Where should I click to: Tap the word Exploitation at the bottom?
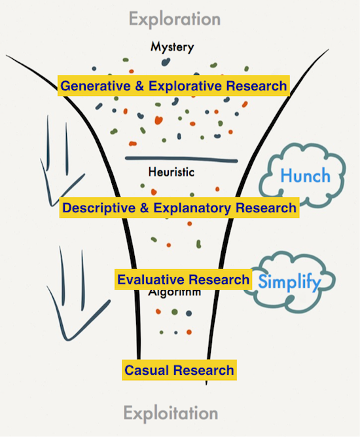point(170,413)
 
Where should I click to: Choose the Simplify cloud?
point(287,283)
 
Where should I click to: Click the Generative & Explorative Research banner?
point(173,86)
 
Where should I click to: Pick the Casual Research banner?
point(179,370)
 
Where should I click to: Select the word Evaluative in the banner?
point(150,280)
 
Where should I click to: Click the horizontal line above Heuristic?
point(181,159)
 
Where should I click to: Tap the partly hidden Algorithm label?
point(173,292)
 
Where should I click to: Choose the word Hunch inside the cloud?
point(305,176)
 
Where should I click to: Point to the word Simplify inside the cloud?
point(289,283)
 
